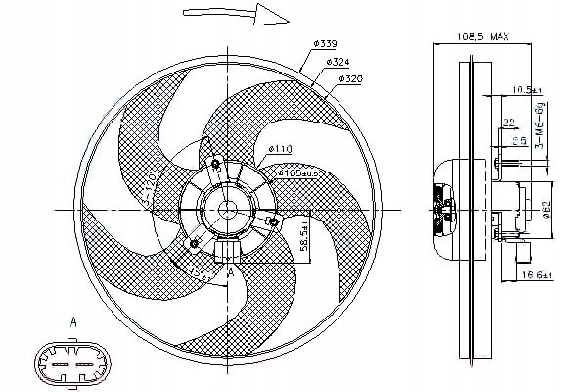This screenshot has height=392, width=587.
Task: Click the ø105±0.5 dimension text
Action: (298, 172)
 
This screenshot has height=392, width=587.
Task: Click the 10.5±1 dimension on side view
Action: (527, 90)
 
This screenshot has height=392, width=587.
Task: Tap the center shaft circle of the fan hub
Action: (224, 208)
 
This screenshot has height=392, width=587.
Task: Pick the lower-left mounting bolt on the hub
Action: (196, 242)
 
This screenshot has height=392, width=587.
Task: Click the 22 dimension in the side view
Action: (509, 122)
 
